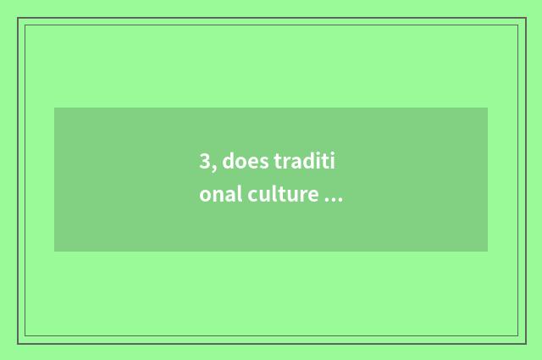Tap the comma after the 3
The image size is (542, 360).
tap(214, 168)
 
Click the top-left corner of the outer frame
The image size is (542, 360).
tap(18, 18)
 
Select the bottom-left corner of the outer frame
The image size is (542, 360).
tap(18, 343)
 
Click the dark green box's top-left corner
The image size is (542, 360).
tap(54, 108)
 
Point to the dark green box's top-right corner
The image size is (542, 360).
tap(488, 108)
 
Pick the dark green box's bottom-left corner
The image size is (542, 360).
tap(54, 252)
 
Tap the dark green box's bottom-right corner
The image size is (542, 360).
tap(488, 252)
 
